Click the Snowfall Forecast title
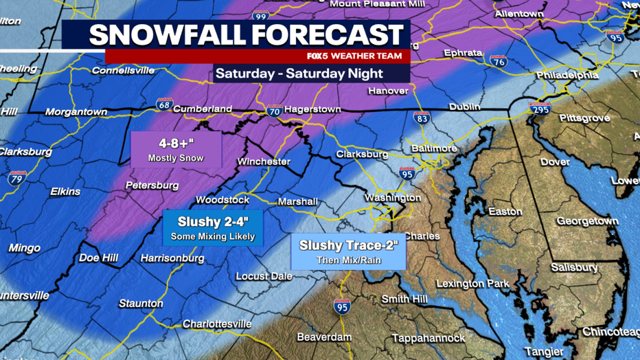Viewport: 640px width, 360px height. click(x=246, y=35)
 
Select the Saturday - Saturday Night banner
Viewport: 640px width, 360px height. click(x=299, y=73)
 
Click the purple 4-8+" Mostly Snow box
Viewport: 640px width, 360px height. click(x=176, y=150)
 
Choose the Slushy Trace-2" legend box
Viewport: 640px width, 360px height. click(x=348, y=252)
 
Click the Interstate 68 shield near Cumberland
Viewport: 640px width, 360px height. click(x=164, y=104)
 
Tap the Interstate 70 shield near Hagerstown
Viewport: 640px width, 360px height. click(x=274, y=110)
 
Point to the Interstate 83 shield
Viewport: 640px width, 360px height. click(x=422, y=118)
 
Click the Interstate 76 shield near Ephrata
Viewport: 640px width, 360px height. click(x=499, y=60)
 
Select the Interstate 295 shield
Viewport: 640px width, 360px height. click(x=539, y=108)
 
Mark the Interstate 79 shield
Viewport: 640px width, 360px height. click(x=18, y=179)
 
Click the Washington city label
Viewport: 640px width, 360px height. click(x=392, y=198)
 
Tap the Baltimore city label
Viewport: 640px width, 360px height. click(x=433, y=148)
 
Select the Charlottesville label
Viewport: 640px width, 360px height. click(x=217, y=324)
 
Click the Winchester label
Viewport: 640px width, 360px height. click(x=264, y=162)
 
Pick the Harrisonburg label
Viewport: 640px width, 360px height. click(x=172, y=258)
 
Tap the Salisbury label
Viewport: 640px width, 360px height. click(x=575, y=267)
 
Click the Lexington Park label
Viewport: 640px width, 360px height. click(x=472, y=283)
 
